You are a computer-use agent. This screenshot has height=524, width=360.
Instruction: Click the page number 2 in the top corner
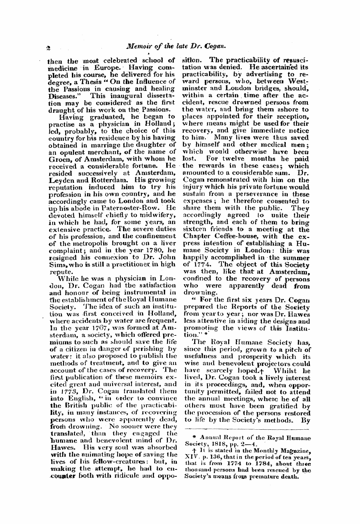[49, 48]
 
